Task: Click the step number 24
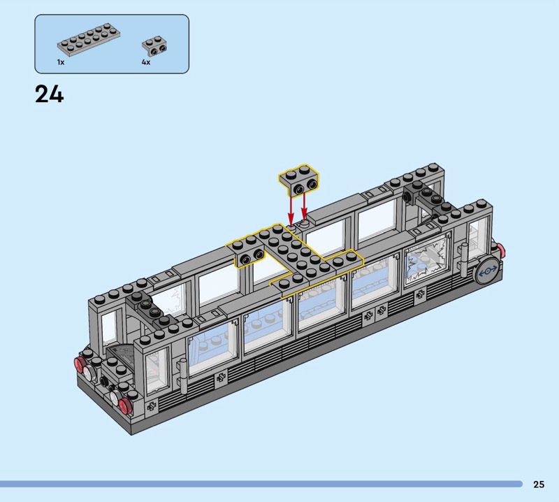(49, 94)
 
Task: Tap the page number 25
(539, 484)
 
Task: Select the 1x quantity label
(61, 62)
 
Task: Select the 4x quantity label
(146, 62)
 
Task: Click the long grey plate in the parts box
(89, 40)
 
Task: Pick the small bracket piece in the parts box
(154, 46)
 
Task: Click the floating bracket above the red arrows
(299, 180)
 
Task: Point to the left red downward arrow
(291, 210)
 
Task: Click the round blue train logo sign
(488, 272)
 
